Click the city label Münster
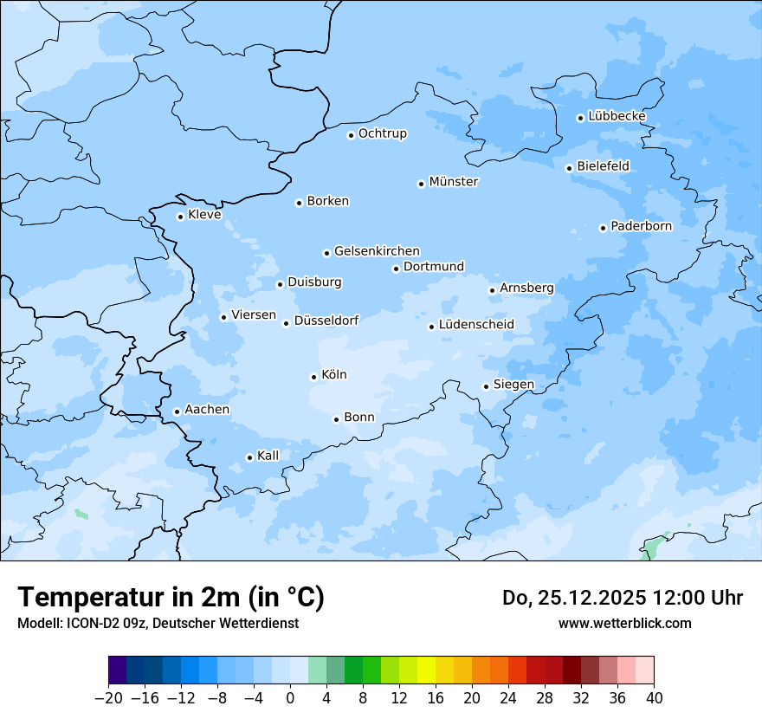click(454, 182)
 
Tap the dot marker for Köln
click(313, 377)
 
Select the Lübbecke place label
click(617, 116)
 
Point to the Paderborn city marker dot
click(603, 228)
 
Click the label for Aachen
click(207, 410)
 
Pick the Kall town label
click(268, 456)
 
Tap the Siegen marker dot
click(486, 386)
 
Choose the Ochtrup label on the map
click(382, 133)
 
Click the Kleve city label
click(204, 215)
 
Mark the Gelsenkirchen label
click(377, 251)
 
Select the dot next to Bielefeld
click(569, 168)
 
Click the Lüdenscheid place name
click(476, 325)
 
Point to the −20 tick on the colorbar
click(109, 697)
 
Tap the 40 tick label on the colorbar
click(654, 697)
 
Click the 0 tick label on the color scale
click(290, 697)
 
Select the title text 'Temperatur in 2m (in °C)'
click(171, 597)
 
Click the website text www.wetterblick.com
click(624, 623)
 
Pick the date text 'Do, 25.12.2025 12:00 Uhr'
click(622, 598)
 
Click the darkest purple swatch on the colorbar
click(118, 670)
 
